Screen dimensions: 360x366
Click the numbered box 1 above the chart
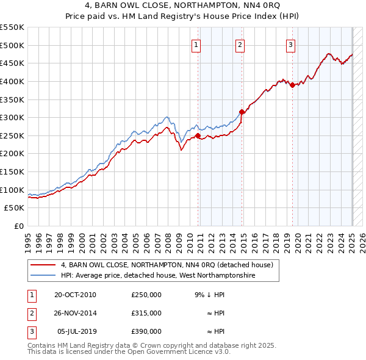click(x=196, y=44)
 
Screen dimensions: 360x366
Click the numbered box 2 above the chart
click(x=240, y=44)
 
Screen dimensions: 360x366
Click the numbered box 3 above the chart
click(x=290, y=44)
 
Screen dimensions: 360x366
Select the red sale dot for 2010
click(x=198, y=135)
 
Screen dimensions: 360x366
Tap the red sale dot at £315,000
click(x=242, y=112)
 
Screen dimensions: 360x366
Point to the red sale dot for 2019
click(x=292, y=85)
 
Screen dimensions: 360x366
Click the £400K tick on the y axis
click(x=12, y=81)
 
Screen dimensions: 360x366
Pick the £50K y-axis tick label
click(x=14, y=208)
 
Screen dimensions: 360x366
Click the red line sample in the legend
click(x=43, y=265)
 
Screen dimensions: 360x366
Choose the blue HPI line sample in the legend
click(x=43, y=276)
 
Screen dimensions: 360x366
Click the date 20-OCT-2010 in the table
click(x=75, y=295)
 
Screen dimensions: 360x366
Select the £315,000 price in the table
click(x=146, y=313)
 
